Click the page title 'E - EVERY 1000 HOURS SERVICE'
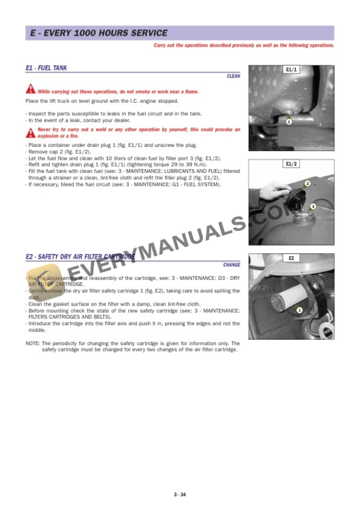(x=99, y=34)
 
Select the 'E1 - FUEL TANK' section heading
(x=46, y=68)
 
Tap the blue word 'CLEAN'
(x=233, y=76)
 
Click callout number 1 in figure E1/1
(x=289, y=122)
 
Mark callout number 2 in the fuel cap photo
(x=308, y=184)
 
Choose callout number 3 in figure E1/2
(x=313, y=206)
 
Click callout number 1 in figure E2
(x=299, y=310)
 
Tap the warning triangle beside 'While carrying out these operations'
(x=30, y=90)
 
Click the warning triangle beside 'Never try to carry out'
(x=30, y=132)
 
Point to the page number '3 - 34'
(x=180, y=495)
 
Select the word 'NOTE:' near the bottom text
(x=32, y=343)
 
